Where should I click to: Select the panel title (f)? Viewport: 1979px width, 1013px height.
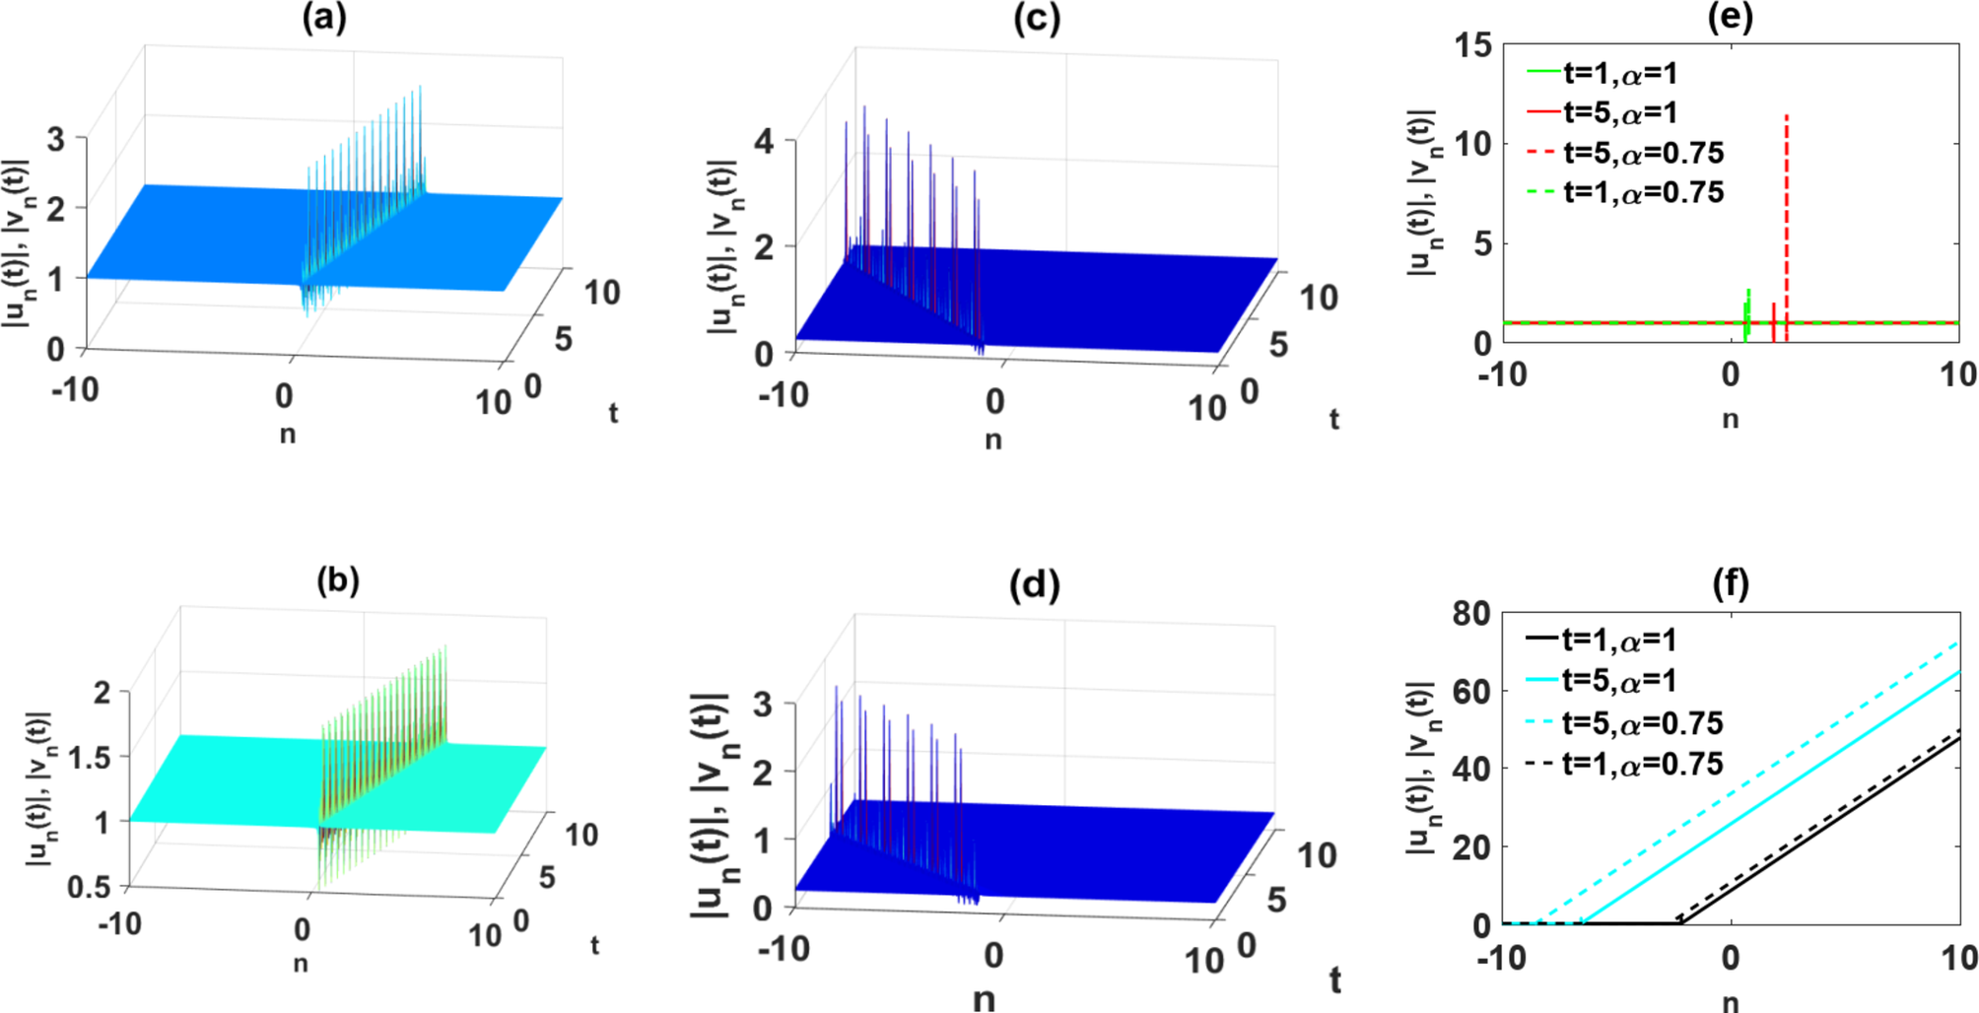pyautogui.click(x=1731, y=584)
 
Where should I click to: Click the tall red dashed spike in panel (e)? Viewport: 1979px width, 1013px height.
pyautogui.click(x=1786, y=197)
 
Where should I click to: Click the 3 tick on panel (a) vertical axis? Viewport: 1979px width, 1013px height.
pyautogui.click(x=56, y=139)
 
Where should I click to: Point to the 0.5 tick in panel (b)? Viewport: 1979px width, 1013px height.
pyautogui.click(x=90, y=887)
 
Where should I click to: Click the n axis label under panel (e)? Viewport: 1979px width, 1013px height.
pyautogui.click(x=1730, y=420)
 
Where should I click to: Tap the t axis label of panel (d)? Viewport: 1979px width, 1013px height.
pyautogui.click(x=1334, y=980)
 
